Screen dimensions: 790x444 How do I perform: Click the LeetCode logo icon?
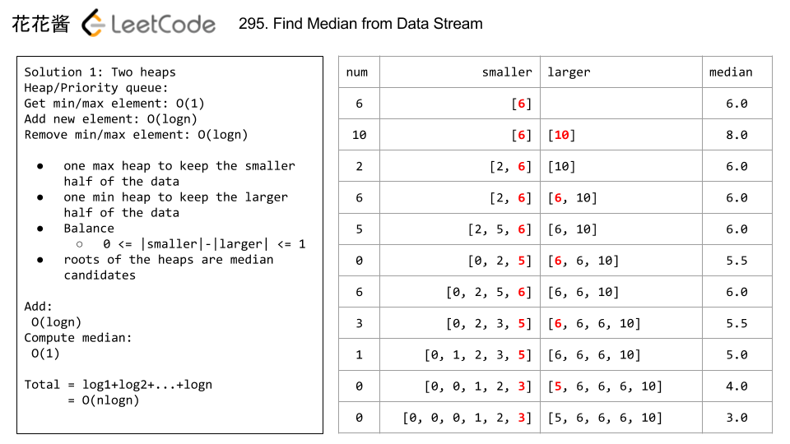pos(94,24)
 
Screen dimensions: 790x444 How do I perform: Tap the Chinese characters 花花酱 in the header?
pos(40,24)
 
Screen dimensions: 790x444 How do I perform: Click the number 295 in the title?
pos(249,24)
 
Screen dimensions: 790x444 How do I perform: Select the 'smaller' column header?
pos(507,72)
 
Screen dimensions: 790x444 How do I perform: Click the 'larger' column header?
pos(569,72)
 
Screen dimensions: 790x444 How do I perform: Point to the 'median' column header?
pos(731,72)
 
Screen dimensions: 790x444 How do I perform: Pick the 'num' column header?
pos(357,72)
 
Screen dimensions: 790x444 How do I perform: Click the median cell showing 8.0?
pos(737,135)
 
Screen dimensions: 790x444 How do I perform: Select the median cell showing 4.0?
pos(737,386)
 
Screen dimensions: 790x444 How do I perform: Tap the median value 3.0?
pos(737,418)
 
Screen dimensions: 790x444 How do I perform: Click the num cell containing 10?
pos(359,135)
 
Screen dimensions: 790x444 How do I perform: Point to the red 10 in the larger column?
pos(561,135)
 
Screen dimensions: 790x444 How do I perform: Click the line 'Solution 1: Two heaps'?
pos(100,72)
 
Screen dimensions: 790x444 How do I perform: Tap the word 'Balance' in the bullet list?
pos(89,229)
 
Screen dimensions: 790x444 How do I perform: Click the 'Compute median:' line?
pos(78,338)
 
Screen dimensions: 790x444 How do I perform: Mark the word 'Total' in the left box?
pos(42,385)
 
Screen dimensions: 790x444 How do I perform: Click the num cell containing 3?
pos(359,324)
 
